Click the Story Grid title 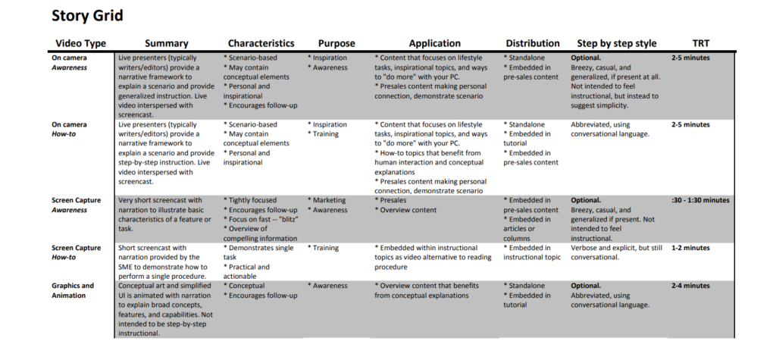(x=86, y=15)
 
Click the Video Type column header (x=80, y=43)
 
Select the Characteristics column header (x=261, y=43)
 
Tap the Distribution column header (x=533, y=43)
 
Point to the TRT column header (x=701, y=43)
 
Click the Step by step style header (x=617, y=43)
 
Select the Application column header (x=434, y=43)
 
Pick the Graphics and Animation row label (x=73, y=290)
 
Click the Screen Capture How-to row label (x=76, y=252)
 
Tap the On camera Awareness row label (x=69, y=62)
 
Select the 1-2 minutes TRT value (x=690, y=248)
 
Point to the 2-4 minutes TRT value (x=690, y=286)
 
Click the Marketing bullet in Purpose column (x=328, y=200)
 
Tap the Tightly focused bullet (x=252, y=200)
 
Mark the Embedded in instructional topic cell (x=533, y=252)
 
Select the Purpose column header (x=336, y=43)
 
